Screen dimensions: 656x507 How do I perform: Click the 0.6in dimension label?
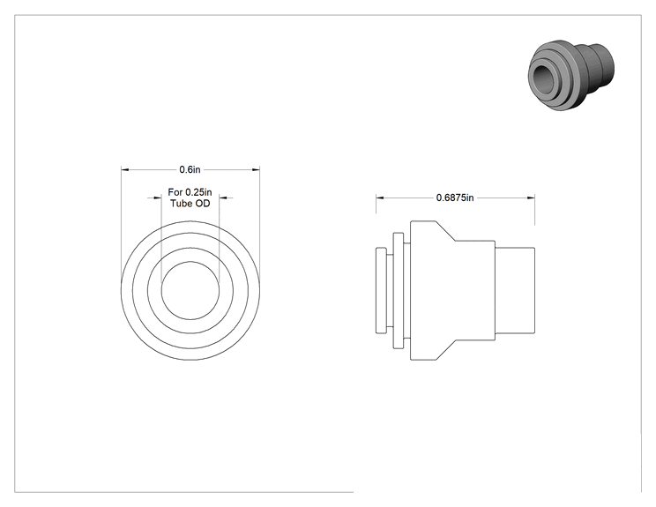(x=190, y=169)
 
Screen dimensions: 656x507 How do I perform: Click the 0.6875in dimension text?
(x=455, y=198)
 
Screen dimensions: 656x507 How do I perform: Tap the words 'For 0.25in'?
(x=190, y=192)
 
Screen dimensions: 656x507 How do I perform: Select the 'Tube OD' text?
(x=190, y=204)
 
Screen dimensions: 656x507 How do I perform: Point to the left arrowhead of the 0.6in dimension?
(x=124, y=169)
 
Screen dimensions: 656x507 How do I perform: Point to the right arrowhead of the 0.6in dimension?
(x=256, y=169)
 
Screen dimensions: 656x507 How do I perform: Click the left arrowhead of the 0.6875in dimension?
(x=379, y=198)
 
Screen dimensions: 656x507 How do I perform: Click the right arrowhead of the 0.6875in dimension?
(x=531, y=198)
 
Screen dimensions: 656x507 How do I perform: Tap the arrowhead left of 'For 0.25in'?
(x=158, y=198)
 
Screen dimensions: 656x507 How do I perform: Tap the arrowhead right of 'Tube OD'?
(x=222, y=198)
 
